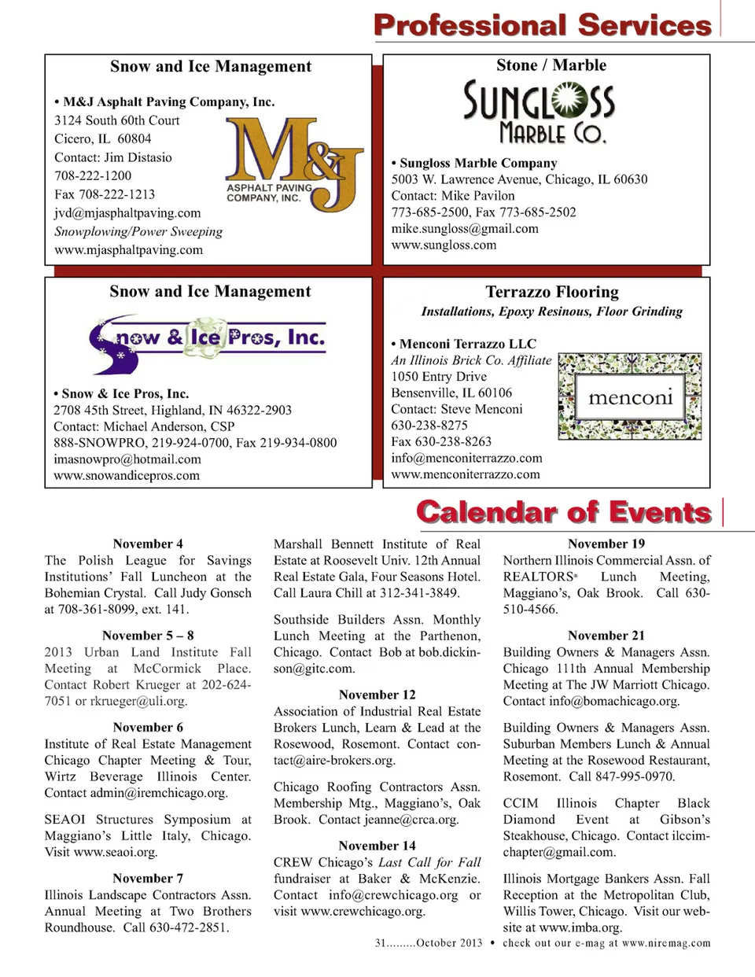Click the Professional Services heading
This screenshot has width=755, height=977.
(543, 25)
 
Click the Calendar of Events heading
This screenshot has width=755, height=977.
(564, 512)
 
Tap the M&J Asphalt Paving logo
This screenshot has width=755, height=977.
(293, 164)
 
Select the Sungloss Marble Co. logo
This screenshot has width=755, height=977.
(539, 111)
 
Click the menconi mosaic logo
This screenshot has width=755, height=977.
(629, 396)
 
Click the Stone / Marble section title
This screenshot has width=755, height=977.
(551, 65)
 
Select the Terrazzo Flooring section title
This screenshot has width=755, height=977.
(551, 292)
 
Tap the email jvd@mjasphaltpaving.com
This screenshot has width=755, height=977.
(127, 213)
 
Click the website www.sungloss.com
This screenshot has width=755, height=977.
(444, 245)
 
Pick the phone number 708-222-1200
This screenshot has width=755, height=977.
(93, 175)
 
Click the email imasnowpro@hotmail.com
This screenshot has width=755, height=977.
(127, 459)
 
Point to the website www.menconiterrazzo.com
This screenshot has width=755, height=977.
(466, 474)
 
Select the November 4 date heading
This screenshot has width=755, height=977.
(148, 544)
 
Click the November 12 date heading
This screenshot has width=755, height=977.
(377, 695)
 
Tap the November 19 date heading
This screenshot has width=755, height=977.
(606, 544)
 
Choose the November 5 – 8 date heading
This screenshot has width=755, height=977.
(148, 636)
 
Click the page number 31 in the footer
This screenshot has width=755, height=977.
(381, 943)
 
